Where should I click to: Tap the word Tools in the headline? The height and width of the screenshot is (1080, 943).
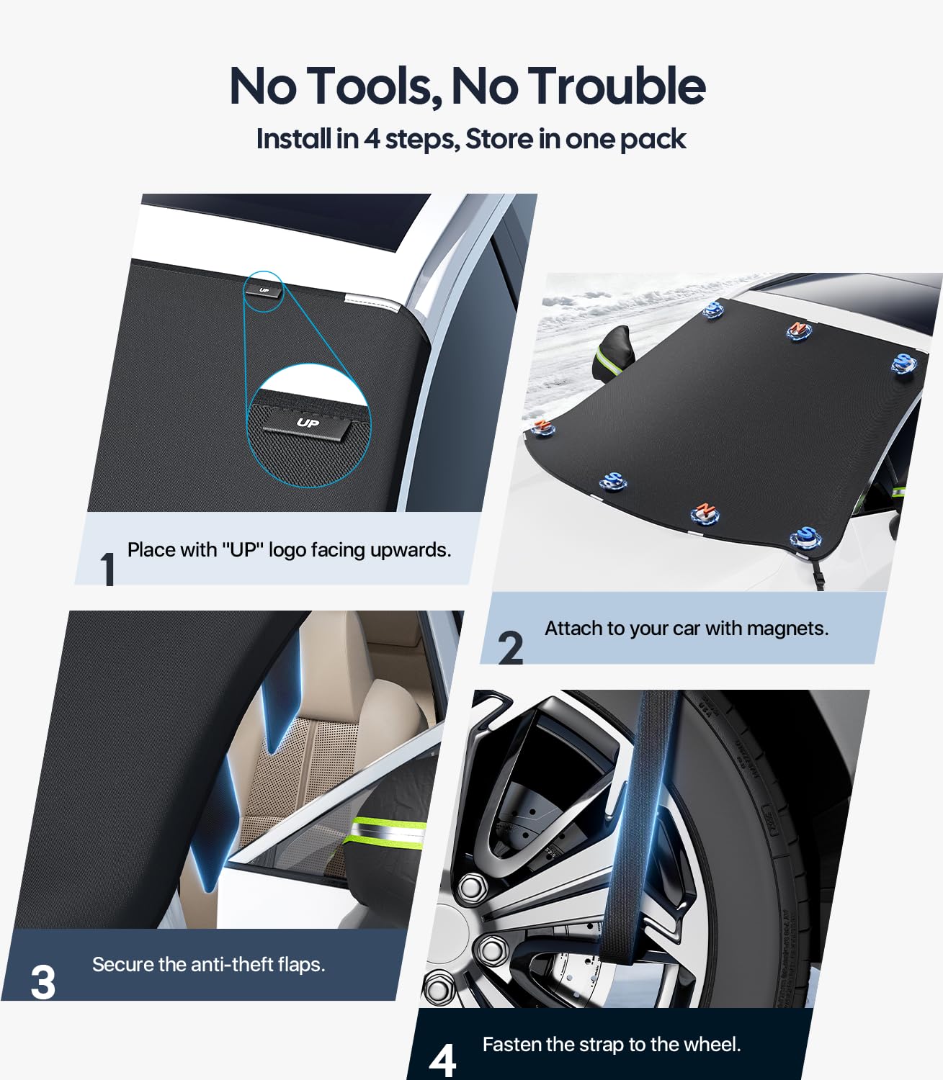[375, 86]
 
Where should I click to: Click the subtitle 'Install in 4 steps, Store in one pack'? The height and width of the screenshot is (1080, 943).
[470, 138]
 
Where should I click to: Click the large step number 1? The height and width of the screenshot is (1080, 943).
[108, 568]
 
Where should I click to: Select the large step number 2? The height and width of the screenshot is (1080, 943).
[510, 647]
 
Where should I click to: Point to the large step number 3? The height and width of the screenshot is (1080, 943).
[43, 982]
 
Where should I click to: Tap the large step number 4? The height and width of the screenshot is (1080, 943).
[442, 1061]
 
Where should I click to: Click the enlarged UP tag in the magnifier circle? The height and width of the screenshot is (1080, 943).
[308, 423]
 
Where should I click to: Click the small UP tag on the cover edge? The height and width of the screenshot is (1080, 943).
[264, 290]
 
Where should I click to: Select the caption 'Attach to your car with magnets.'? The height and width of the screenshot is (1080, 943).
[686, 629]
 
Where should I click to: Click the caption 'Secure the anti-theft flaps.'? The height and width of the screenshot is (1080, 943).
[208, 964]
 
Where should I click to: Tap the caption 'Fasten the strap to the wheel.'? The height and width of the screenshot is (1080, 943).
[611, 1044]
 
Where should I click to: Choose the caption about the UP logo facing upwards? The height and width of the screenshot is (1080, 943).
[289, 550]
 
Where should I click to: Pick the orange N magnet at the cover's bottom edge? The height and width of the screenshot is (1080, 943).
[704, 513]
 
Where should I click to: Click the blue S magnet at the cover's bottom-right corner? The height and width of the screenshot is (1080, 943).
[805, 536]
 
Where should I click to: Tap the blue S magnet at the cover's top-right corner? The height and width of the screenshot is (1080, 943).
[903, 362]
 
